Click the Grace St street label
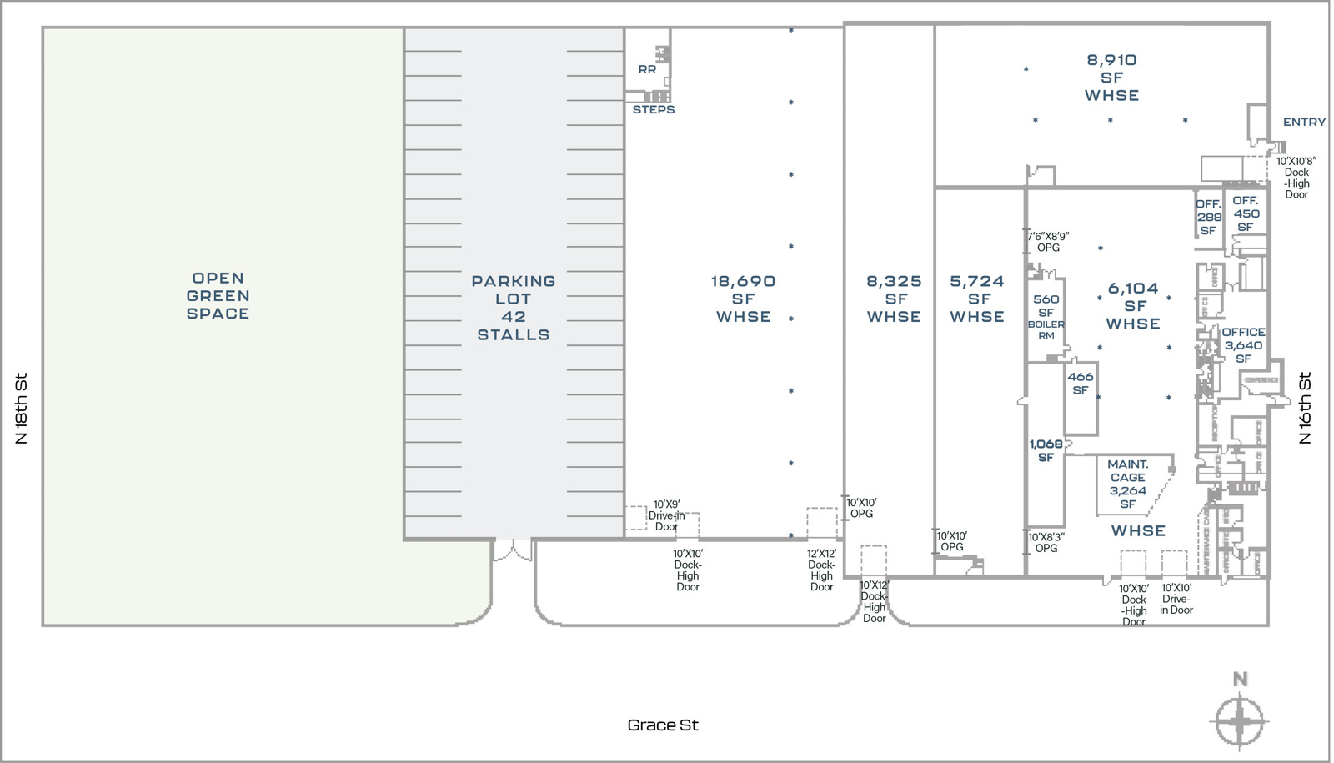point(663,725)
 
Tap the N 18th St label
point(22,408)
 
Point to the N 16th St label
point(1305,408)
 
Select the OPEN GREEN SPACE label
point(218,296)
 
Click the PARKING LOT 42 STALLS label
point(514,308)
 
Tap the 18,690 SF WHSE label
point(743,299)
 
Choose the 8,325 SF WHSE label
point(894,299)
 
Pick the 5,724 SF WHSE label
point(977,299)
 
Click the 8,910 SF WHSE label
point(1111,78)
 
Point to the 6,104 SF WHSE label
point(1133,306)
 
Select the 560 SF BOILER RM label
point(1046,317)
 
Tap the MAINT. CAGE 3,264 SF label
point(1127,484)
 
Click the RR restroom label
point(647,69)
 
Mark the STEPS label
point(654,109)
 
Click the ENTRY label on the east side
point(1304,122)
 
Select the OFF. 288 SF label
point(1208,217)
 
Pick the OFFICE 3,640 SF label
point(1243,344)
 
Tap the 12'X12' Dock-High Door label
point(821,570)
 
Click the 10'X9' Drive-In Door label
point(666,515)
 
